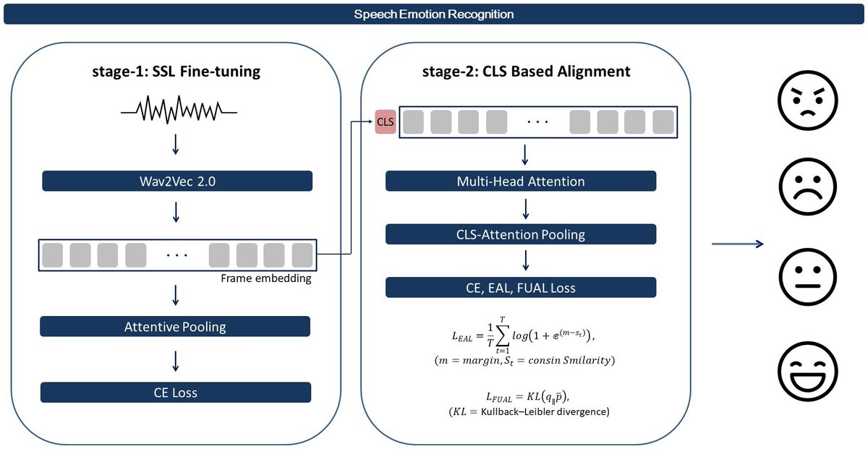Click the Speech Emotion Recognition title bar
pyautogui.click(x=434, y=14)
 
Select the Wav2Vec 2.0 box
pyautogui.click(x=176, y=181)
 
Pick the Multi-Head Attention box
pyautogui.click(x=521, y=181)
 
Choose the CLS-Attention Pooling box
pyautogui.click(x=521, y=234)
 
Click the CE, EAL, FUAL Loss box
pyautogui.click(x=521, y=288)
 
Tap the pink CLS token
pyautogui.click(x=386, y=122)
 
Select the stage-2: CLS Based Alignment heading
pyautogui.click(x=526, y=72)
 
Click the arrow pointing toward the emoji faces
pyautogui.click(x=738, y=244)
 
